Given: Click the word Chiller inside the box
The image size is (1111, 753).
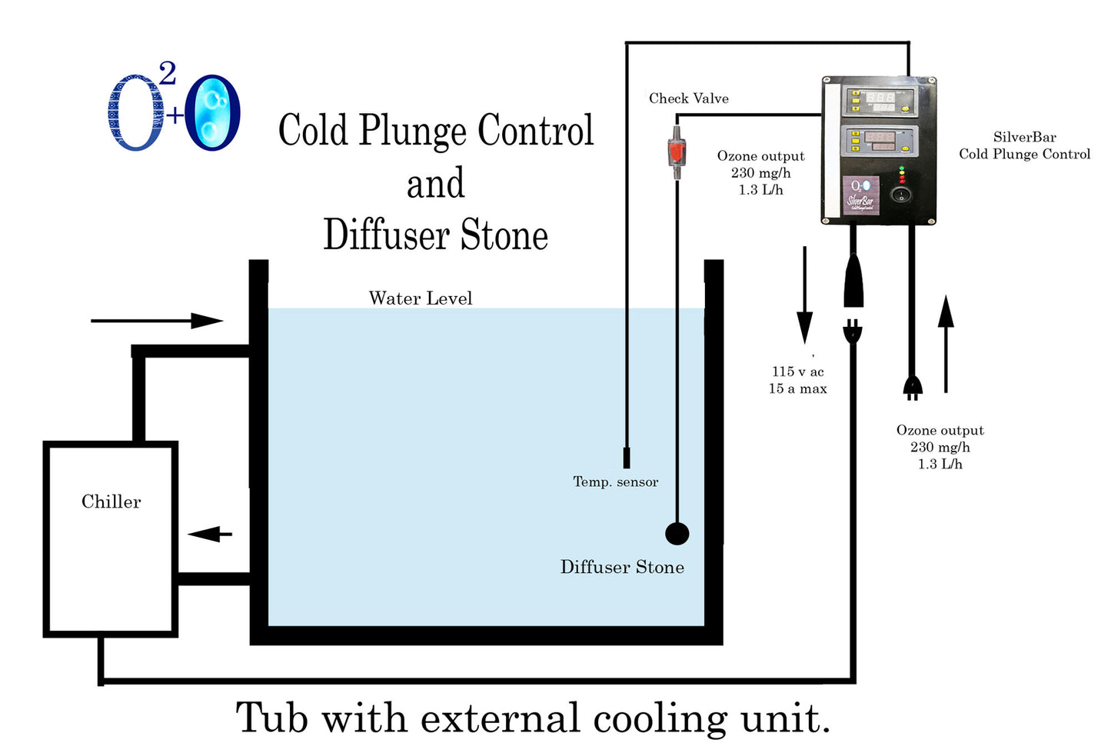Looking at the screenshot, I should [111, 501].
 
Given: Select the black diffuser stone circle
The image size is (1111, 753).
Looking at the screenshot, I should [677, 533].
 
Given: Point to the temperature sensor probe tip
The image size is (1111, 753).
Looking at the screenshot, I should [627, 458].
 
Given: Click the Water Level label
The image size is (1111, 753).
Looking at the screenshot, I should [420, 298].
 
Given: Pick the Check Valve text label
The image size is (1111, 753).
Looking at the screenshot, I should [688, 98].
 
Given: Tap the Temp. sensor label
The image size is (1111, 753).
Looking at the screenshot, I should [615, 482].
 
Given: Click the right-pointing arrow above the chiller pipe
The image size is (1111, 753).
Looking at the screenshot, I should [157, 321].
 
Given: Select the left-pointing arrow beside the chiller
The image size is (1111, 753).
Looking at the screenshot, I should [210, 534].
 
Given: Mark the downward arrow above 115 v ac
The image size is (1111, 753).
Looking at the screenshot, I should [804, 295].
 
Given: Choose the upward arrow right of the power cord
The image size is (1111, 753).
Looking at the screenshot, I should [946, 343].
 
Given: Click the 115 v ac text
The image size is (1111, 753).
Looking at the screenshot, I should [797, 372].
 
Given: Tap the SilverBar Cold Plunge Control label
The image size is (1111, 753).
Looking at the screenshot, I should [1024, 145].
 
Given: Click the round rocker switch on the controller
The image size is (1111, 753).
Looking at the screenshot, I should [902, 194].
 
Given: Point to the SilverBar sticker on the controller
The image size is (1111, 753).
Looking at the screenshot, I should [861, 196].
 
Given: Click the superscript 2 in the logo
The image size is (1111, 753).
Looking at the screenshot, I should [167, 75].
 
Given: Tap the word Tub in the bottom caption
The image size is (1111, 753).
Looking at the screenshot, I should [272, 718].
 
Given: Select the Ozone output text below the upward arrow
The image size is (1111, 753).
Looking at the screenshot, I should [940, 431].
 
